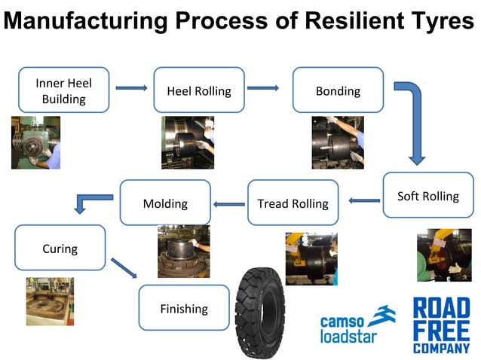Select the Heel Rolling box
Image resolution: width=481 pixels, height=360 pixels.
pyautogui.click(x=198, y=90)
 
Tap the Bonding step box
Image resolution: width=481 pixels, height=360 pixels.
pyautogui.click(x=337, y=90)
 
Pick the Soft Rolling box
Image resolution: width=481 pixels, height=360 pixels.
pyautogui.click(x=427, y=196)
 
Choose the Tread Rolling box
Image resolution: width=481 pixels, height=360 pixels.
pyautogui.click(x=293, y=203)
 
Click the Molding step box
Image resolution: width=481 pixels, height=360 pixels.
pyautogui.click(x=165, y=203)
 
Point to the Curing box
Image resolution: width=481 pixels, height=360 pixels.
pyautogui.click(x=60, y=248)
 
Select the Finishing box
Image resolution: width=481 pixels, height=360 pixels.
pyautogui.click(x=183, y=307)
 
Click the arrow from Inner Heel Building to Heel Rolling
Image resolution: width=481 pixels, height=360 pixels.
pyautogui.click(x=131, y=88)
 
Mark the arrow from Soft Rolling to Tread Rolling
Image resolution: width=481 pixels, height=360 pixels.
pyautogui.click(x=365, y=200)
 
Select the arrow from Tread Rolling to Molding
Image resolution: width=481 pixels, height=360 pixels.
pyautogui.click(x=229, y=203)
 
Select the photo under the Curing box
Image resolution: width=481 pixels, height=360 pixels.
pyautogui.click(x=50, y=301)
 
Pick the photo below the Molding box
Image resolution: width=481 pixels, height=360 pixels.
pyautogui.click(x=182, y=252)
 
